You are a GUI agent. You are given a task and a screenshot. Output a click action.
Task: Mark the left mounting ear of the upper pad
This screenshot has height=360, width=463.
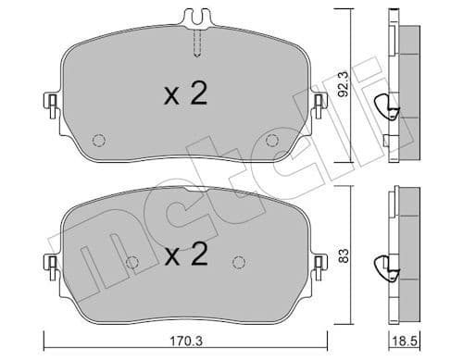(52, 101)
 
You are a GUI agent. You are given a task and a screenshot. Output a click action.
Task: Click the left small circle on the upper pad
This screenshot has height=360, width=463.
(98, 141)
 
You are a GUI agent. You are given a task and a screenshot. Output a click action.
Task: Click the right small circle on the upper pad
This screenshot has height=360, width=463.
(271, 141)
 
